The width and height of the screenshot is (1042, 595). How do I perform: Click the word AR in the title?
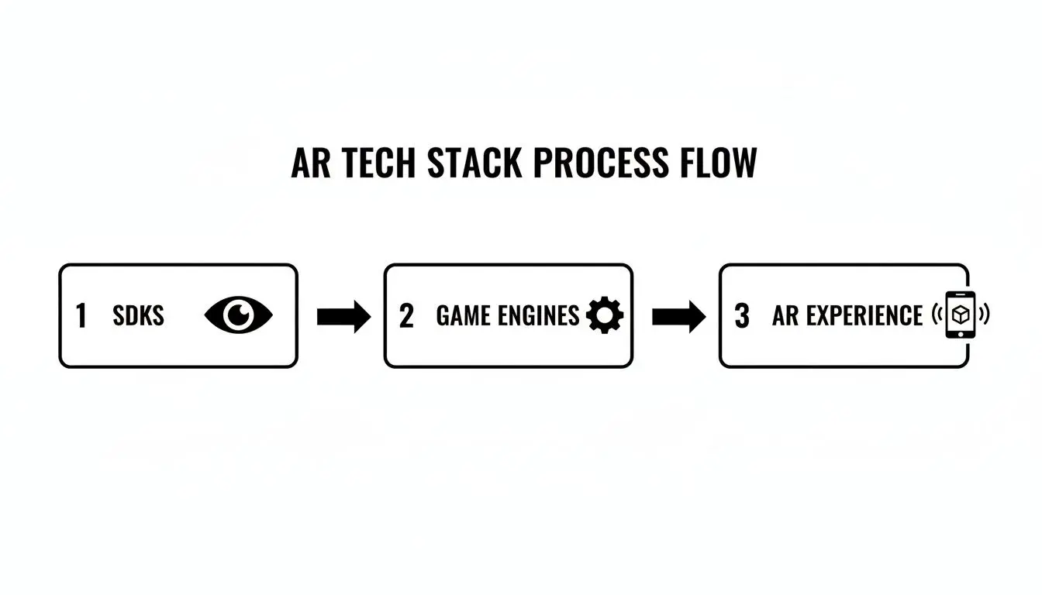[x=309, y=163]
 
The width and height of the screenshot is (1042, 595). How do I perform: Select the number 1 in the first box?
[x=81, y=316]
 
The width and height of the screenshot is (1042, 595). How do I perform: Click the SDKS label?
[x=139, y=316]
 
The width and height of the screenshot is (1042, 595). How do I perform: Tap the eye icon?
[x=239, y=315]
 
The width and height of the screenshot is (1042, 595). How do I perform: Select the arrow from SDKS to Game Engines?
[x=343, y=316]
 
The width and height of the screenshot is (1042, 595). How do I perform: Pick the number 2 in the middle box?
[x=406, y=316]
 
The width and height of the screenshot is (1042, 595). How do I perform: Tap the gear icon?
[x=605, y=316]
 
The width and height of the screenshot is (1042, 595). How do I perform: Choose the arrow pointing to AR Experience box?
[x=678, y=316]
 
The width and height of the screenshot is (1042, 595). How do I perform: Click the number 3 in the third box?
[x=742, y=316]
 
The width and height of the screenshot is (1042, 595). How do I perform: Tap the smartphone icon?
[x=961, y=315]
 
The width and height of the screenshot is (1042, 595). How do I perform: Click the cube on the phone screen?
[x=961, y=314]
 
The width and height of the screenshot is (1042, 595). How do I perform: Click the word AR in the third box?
[x=785, y=316]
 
